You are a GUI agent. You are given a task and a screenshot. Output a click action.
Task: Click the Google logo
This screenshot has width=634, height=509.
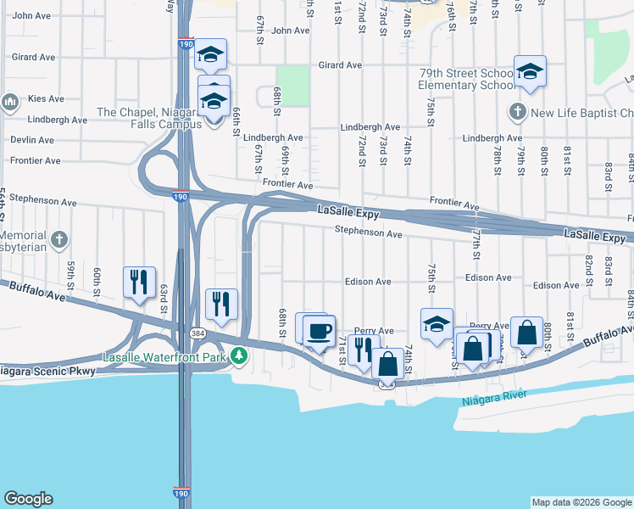pos(28,499)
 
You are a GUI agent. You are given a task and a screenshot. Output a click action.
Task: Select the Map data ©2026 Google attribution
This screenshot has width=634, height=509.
pos(581,502)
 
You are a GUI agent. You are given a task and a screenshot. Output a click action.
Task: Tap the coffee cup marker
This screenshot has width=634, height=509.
pos(319,330)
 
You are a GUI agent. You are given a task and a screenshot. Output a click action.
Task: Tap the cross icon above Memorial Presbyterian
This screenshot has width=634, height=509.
pos(58,240)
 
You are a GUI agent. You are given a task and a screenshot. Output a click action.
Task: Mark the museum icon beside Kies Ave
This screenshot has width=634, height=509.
pos(10,103)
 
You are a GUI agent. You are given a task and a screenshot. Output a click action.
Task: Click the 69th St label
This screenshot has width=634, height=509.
pos(286,157)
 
